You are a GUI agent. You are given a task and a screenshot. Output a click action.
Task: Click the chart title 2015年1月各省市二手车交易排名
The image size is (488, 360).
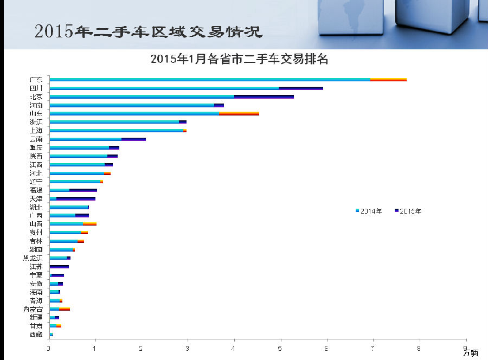click(240, 60)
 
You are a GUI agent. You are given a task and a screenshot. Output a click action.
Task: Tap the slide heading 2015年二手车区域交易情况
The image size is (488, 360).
click(148, 31)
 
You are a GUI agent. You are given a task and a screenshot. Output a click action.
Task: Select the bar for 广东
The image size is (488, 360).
click(228, 80)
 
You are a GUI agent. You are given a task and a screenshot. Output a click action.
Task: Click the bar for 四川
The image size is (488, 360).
click(186, 88)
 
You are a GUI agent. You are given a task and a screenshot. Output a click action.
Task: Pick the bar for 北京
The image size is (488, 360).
click(171, 97)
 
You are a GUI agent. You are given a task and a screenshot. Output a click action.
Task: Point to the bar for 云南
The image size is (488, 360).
click(98, 139)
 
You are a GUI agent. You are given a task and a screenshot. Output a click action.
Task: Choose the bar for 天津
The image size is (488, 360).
click(72, 199)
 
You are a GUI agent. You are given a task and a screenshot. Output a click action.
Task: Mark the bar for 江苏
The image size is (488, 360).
click(59, 267)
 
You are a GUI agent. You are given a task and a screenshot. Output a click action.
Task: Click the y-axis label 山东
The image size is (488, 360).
click(36, 114)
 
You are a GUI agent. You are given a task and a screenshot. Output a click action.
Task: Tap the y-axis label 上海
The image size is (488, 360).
click(36, 131)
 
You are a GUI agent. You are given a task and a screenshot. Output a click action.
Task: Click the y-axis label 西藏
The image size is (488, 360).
click(36, 335)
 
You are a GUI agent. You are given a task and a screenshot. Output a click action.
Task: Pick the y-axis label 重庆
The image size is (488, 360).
click(36, 147)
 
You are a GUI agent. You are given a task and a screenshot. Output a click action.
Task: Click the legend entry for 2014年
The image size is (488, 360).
click(369, 211)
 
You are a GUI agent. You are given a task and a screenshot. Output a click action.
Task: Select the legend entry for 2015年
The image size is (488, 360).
click(408, 211)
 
